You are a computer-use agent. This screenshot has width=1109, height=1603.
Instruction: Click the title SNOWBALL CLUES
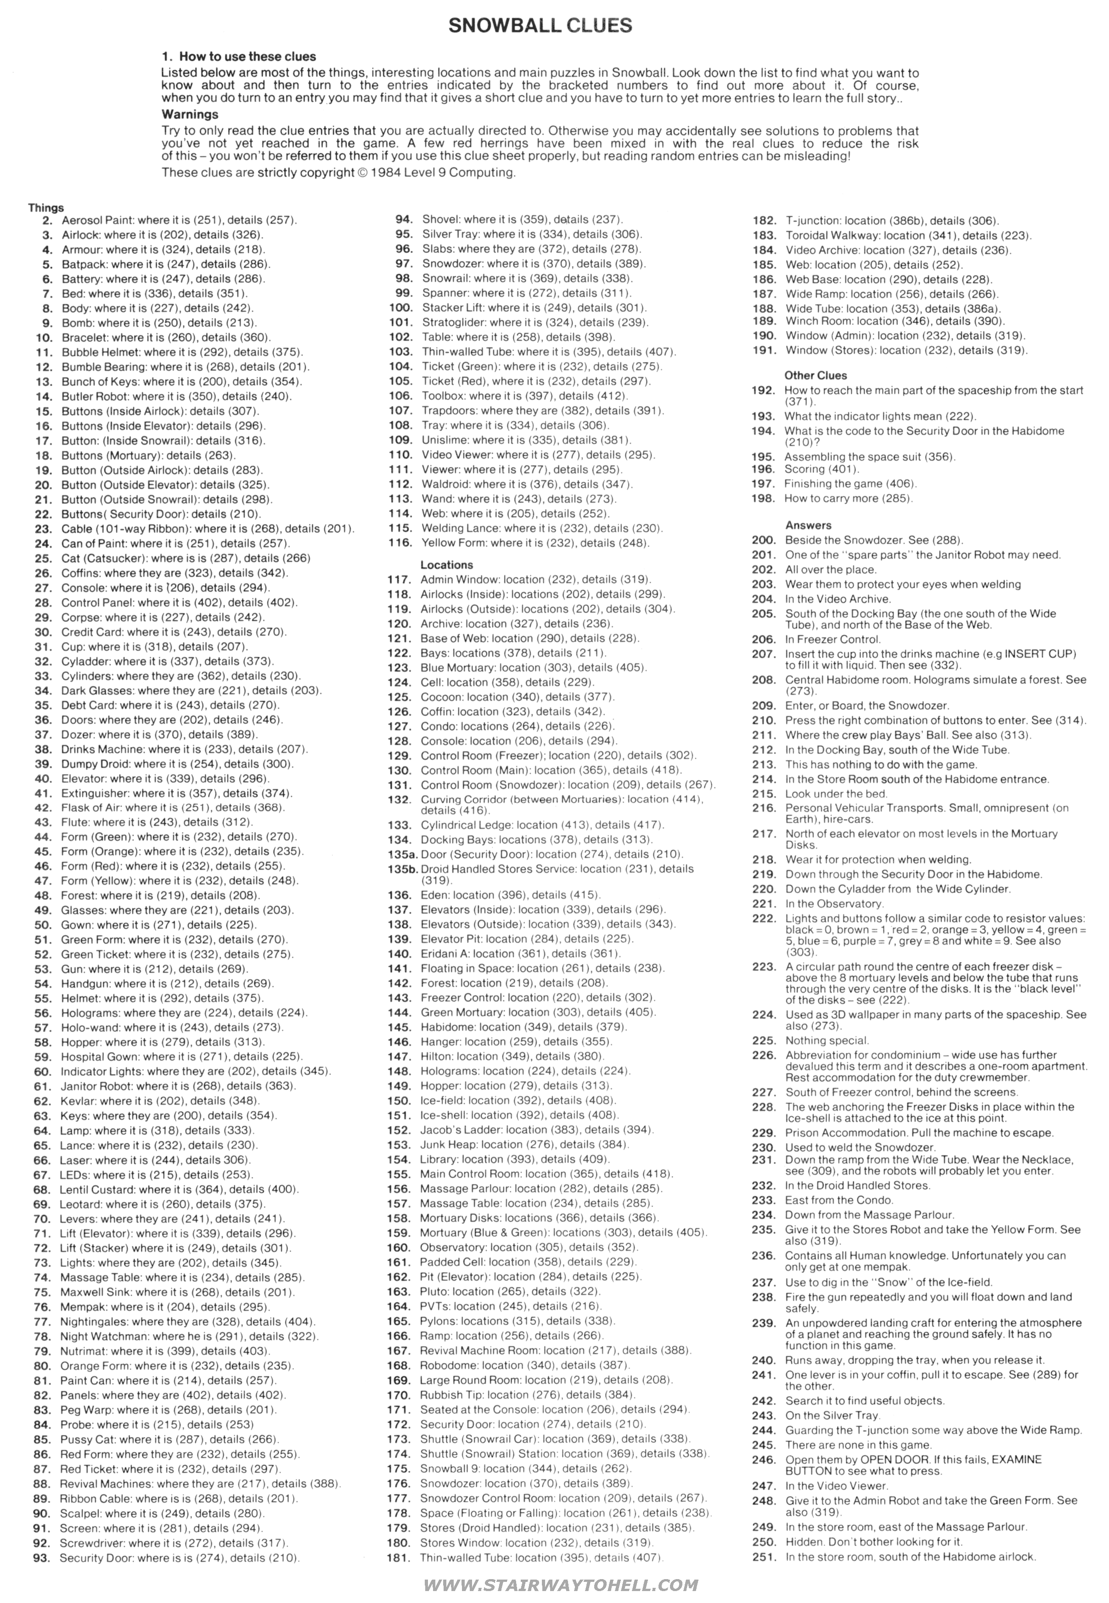540,26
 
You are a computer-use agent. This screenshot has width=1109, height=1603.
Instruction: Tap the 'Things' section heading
46,208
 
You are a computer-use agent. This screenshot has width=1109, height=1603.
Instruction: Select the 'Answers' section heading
808,525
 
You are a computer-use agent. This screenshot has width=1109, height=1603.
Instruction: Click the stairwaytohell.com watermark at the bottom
560,1585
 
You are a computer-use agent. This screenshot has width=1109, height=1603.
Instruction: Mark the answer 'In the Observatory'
833,904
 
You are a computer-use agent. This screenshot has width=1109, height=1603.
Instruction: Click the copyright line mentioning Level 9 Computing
338,172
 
